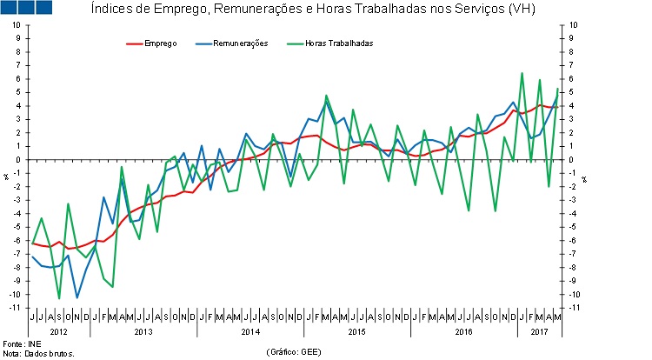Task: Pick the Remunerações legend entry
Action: [232, 43]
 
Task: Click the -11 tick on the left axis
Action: [15, 308]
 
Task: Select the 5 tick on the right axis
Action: [570, 92]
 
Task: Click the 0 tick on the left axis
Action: [17, 160]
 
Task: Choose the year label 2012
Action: [59, 331]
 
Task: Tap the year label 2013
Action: [143, 331]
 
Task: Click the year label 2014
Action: [250, 331]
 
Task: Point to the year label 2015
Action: [357, 331]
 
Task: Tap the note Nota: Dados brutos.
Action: [39, 354]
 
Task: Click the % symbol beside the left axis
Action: [5, 178]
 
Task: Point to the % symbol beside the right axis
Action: [584, 178]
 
